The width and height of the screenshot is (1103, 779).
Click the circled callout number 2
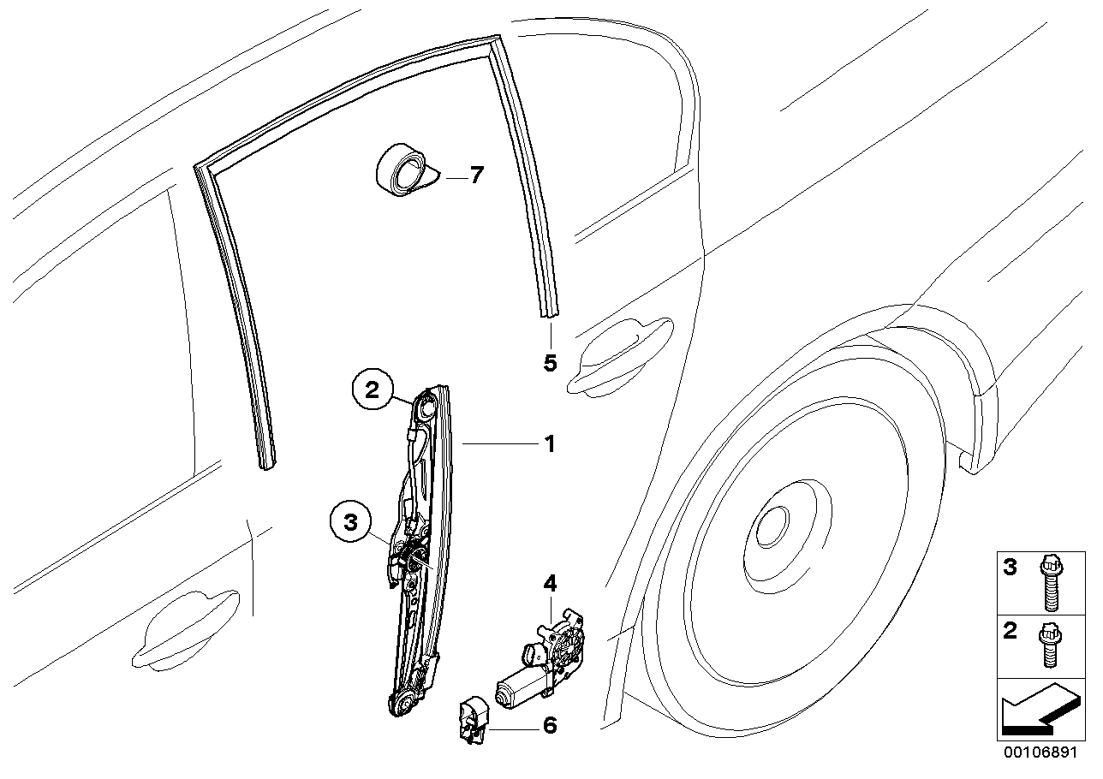pyautogui.click(x=372, y=391)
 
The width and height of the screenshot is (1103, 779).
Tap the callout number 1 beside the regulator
pyautogui.click(x=549, y=444)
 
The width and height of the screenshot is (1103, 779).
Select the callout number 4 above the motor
pyautogui.click(x=549, y=584)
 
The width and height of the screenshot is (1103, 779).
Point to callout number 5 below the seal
pyautogui.click(x=550, y=362)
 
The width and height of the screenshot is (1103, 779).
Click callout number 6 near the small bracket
pyautogui.click(x=549, y=726)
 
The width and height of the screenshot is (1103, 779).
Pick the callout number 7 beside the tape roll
pyautogui.click(x=475, y=175)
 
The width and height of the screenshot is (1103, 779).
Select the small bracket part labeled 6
pyautogui.click(x=471, y=717)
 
